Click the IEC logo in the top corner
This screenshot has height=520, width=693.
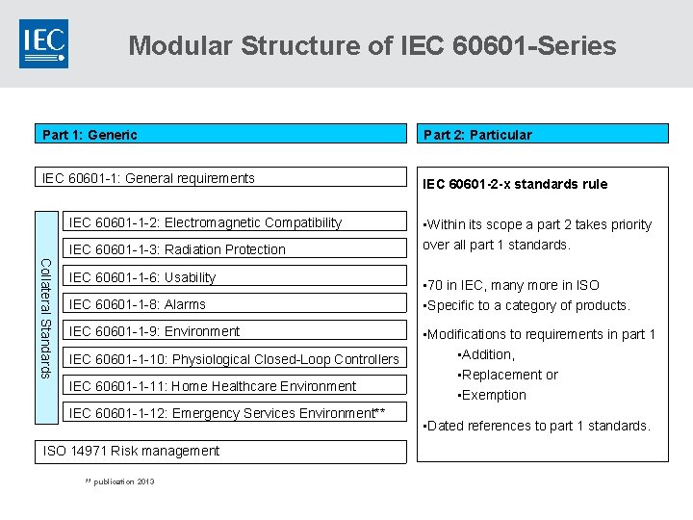[43, 43]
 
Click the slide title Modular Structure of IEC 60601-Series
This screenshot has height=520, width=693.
[372, 45]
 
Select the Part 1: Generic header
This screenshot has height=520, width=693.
[221, 134]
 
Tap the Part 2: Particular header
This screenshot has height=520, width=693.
[542, 134]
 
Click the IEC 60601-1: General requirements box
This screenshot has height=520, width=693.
[221, 177]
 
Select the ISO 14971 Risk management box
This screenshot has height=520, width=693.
[221, 451]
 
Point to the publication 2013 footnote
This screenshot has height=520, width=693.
[119, 481]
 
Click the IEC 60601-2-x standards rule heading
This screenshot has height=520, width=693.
[516, 184]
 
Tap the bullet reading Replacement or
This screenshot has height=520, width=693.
[507, 375]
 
